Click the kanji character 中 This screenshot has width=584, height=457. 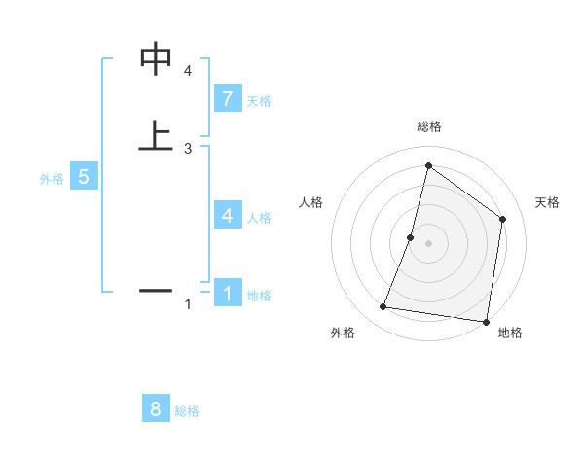pyautogui.click(x=157, y=59)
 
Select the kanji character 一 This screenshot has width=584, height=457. pyautogui.click(x=157, y=290)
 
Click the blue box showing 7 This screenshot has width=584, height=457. pyautogui.click(x=227, y=99)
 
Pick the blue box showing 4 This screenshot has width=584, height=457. pyautogui.click(x=227, y=216)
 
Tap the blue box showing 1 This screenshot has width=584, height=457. pyautogui.click(x=227, y=293)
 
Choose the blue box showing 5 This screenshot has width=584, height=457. pyautogui.click(x=84, y=177)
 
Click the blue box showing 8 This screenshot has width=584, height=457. pyautogui.click(x=156, y=408)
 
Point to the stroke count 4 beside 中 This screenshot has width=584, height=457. pyautogui.click(x=188, y=71)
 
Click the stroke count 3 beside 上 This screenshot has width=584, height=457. pyautogui.click(x=188, y=148)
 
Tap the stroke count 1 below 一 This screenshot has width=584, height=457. pyautogui.click(x=188, y=305)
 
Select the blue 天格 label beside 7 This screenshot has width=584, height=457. pyautogui.click(x=259, y=101)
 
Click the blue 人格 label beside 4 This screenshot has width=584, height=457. pyautogui.click(x=259, y=218)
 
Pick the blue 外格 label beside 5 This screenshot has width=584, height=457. pyautogui.click(x=52, y=179)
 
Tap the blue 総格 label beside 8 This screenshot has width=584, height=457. pyautogui.click(x=187, y=411)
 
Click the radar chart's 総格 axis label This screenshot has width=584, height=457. pyautogui.click(x=428, y=126)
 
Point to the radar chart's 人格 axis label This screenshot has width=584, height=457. pyautogui.click(x=311, y=202)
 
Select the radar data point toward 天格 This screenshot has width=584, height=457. pyautogui.click(x=502, y=220)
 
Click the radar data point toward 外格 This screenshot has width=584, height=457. pyautogui.click(x=383, y=307)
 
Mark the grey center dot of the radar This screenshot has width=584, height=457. pyautogui.click(x=428, y=243)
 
